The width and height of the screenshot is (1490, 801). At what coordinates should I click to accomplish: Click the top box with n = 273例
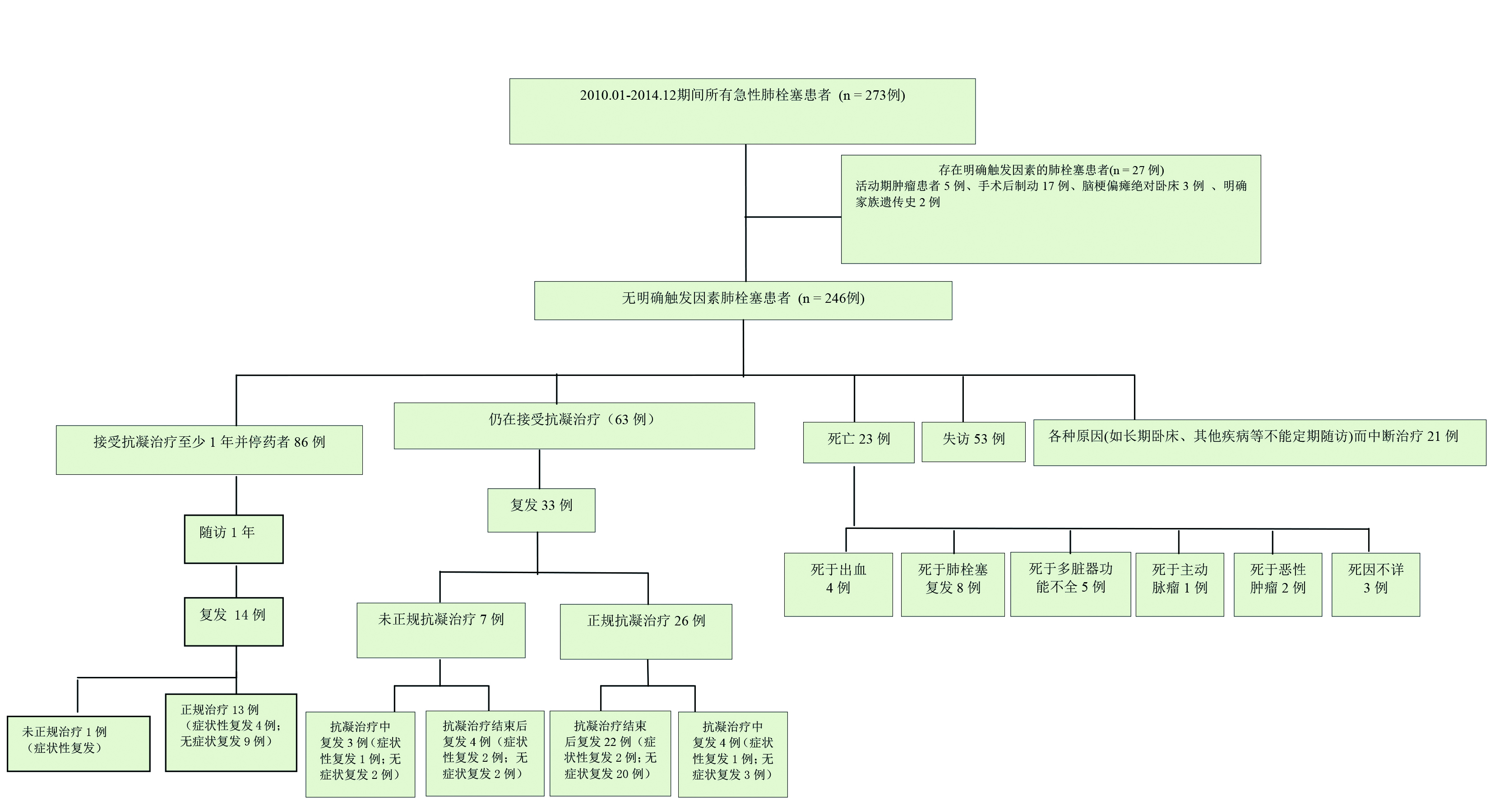coord(742,111)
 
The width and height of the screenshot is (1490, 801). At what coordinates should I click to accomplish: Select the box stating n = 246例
coord(743,300)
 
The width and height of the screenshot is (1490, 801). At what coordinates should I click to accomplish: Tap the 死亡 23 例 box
coord(858,442)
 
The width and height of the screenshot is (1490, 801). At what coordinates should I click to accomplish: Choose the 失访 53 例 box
coord(973,441)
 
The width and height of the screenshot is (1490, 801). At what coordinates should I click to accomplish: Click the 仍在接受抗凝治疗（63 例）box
coord(574,425)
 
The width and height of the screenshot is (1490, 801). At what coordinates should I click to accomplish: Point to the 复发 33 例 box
coord(541,509)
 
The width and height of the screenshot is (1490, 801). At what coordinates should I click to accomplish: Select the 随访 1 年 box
coord(234,538)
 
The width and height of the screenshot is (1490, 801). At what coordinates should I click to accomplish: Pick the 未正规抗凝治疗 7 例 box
coord(441,630)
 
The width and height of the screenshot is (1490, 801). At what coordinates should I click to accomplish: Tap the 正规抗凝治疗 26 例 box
coord(646,631)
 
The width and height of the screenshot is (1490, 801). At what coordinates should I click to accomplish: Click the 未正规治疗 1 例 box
coord(79,743)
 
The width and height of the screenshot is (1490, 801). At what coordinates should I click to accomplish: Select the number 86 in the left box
coord(301,442)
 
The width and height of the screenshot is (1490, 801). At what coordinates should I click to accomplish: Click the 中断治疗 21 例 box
coord(1259,442)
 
